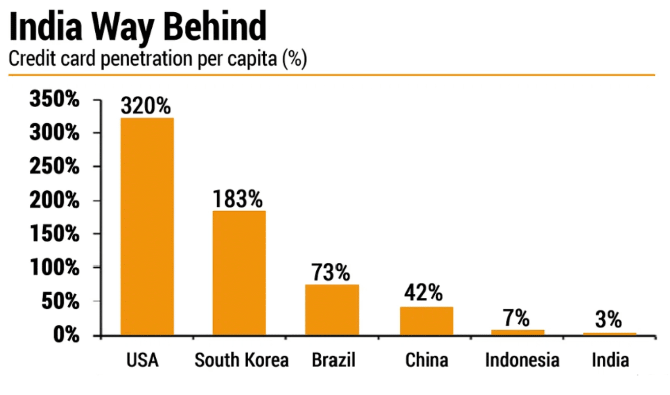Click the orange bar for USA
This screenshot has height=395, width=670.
pos(147,226)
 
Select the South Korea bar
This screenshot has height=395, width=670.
pos(239,273)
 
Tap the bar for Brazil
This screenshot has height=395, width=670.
pos(332,310)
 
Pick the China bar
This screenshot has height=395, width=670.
pos(426,321)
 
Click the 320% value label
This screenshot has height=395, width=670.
pos(146,106)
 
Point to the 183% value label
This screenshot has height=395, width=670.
pos(238,199)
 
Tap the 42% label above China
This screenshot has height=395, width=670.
pos(423,293)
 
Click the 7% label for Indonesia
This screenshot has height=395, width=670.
pos(516,319)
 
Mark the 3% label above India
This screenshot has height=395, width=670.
pos(609,320)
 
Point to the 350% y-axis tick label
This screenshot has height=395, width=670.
pos(54,100)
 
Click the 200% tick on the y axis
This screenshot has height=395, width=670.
pos(54,201)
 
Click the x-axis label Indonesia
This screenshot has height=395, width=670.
pos(522,360)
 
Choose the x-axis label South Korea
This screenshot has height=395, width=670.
pos(242,360)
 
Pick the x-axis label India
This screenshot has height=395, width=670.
pos(610,360)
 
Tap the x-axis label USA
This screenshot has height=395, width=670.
pos(142,360)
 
